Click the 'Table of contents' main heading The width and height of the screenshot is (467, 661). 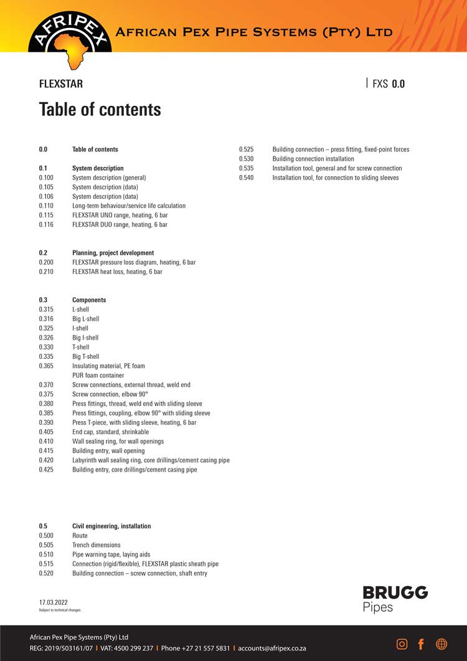point(100,109)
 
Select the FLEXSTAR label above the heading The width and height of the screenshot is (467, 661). point(60,83)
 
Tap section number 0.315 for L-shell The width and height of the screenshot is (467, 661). point(46,310)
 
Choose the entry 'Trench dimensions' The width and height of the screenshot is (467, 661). point(97,545)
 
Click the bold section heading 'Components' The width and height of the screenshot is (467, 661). point(89,300)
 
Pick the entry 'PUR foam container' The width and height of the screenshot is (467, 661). point(98,376)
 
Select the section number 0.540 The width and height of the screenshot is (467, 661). point(247,178)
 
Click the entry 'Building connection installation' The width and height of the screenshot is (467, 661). point(313,159)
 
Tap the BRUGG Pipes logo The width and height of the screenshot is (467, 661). point(395,598)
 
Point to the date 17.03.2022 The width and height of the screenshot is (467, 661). point(54,602)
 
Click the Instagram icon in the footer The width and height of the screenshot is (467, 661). point(402,644)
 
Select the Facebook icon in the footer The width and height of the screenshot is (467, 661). point(421,644)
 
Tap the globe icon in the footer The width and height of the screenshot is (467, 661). point(441,644)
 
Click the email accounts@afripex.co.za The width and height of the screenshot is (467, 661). point(271,648)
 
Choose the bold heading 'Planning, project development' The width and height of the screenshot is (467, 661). point(113,253)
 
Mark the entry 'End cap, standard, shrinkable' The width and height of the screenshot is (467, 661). point(110,432)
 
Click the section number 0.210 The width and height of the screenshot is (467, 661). point(46,272)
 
